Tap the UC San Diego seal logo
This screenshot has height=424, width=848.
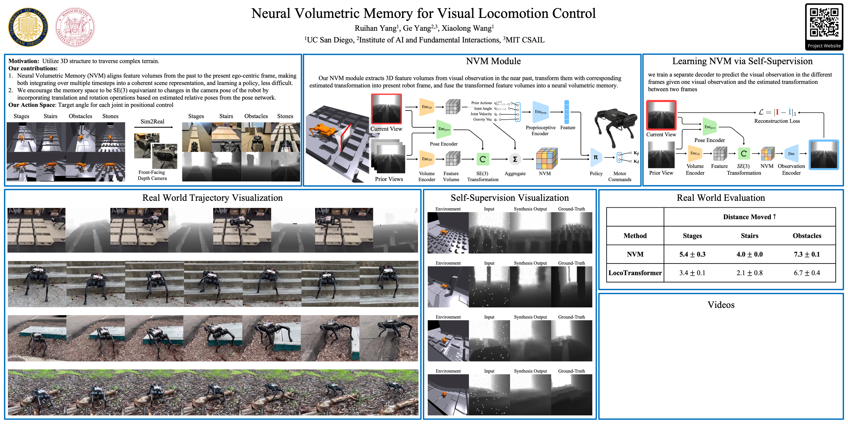[28, 27]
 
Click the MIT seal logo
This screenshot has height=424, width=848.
[75, 27]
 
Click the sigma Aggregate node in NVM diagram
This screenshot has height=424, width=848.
[515, 159]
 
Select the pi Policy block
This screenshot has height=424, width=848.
[596, 158]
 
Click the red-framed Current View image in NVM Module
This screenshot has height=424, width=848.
[386, 109]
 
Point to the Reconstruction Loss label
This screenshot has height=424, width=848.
[777, 121]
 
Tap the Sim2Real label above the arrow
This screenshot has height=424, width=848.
[152, 121]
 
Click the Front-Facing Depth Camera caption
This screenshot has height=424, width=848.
[152, 175]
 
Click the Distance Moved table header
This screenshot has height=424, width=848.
[749, 217]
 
